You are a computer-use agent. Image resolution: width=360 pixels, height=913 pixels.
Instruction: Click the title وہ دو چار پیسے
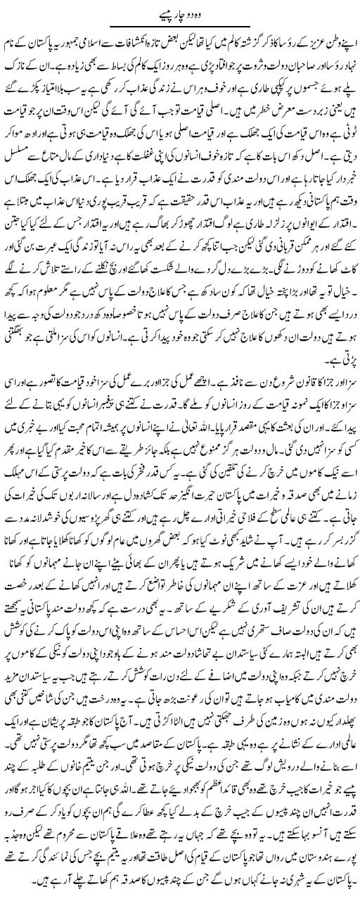181,11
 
